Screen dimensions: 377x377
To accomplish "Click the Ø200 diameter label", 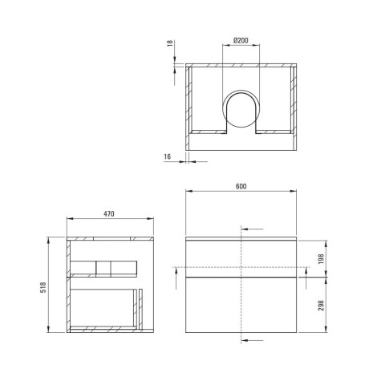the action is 241,40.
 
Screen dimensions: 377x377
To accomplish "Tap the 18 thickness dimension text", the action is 170,43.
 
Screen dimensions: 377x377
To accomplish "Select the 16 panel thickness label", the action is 168,156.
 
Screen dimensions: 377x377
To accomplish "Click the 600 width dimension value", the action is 241,186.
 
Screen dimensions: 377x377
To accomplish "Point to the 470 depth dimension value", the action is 109,214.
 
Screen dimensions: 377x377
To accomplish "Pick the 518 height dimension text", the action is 43,287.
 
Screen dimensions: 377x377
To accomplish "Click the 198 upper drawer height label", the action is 321,259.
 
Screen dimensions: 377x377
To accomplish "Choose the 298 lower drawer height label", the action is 321,306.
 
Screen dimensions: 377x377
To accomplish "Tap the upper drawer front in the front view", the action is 241,258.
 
